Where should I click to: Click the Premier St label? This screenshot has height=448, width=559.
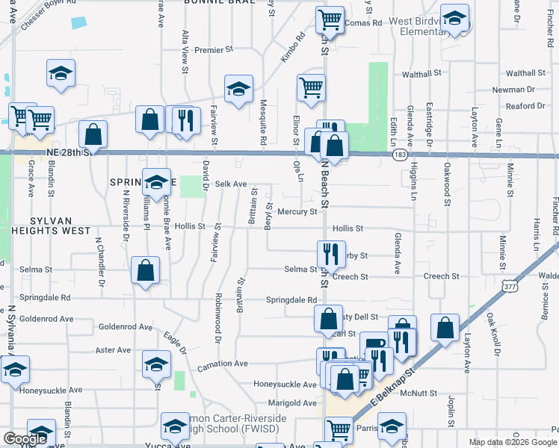tap(214, 50)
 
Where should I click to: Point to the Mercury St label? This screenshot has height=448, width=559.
tap(297, 212)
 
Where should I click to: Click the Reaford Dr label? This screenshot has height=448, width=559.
tap(520, 106)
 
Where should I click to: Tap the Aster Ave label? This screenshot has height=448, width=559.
tap(114, 349)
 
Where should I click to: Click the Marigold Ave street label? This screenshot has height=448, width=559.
tap(293, 402)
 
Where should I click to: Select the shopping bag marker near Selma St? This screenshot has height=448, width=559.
tap(146, 271)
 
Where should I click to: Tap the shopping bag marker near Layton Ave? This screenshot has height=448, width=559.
tap(445, 327)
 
